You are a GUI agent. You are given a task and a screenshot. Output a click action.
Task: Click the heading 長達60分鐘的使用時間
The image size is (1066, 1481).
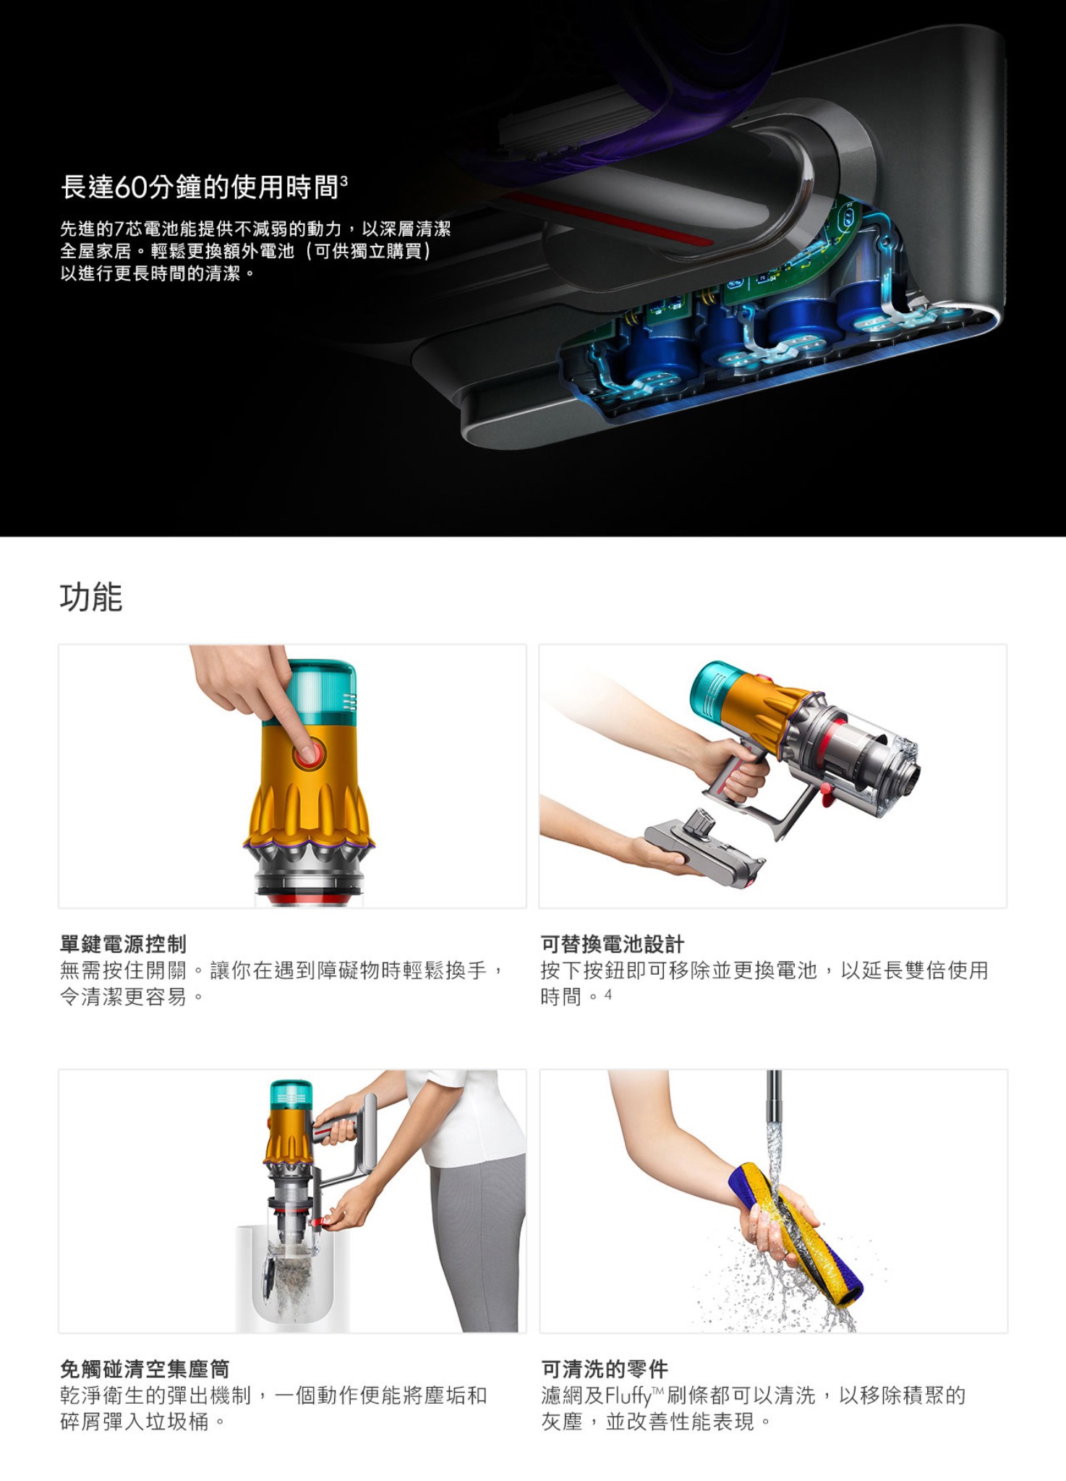[x=200, y=187]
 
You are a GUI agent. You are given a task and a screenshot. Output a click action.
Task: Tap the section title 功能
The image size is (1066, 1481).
[x=91, y=597]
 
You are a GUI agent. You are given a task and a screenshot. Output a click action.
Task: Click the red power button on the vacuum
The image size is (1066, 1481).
[x=309, y=754]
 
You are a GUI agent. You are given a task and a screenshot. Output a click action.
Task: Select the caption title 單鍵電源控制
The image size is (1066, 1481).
[x=123, y=944]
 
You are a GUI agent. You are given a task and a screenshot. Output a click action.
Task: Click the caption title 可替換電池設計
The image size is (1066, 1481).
[x=612, y=944]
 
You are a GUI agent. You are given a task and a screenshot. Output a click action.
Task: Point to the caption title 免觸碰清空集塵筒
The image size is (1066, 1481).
[x=145, y=1369]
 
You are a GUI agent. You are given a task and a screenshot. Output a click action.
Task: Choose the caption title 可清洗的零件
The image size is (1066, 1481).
[x=605, y=1369]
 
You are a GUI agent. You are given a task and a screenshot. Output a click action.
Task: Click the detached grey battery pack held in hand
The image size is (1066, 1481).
[x=705, y=848]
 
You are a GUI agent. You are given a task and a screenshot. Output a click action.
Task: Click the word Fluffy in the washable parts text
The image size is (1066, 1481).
[x=628, y=1396]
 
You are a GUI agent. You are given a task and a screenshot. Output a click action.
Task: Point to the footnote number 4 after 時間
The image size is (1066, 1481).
[x=608, y=994]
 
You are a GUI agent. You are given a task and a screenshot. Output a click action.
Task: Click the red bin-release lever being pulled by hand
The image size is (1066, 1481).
[x=323, y=1219]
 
